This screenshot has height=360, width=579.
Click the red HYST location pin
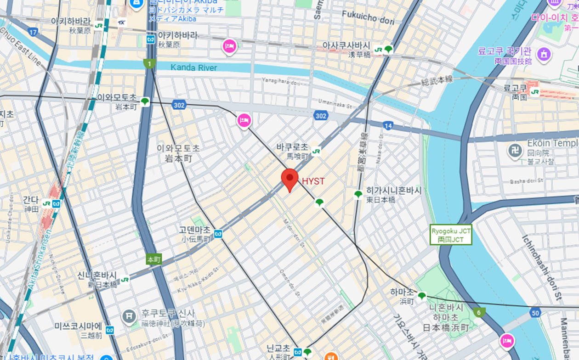click(x=289, y=179)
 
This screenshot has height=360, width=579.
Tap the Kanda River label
click(x=193, y=68)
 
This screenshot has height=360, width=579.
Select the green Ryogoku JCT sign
click(x=451, y=235)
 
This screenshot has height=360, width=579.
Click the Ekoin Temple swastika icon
click(x=515, y=150)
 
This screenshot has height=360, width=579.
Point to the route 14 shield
click(x=388, y=125)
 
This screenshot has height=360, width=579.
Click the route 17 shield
click(x=33, y=32)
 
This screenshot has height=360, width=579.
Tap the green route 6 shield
click(x=479, y=312)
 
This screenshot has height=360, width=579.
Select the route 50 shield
click(x=534, y=313)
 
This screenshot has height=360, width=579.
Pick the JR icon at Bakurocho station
click(x=316, y=151)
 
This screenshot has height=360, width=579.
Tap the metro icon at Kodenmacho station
click(x=218, y=234)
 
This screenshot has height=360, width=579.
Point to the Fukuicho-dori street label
click(x=368, y=17)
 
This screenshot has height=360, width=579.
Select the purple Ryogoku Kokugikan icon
click(x=544, y=53)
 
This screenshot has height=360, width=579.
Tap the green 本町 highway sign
click(x=154, y=259)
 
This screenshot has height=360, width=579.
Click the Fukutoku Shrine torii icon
click(x=129, y=316)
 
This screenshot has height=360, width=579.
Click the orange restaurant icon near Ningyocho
click(x=330, y=356)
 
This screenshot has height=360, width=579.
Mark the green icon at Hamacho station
click(x=422, y=295)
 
